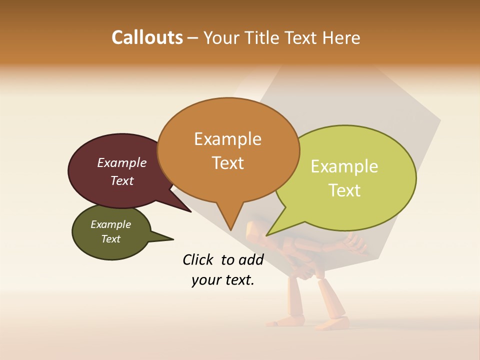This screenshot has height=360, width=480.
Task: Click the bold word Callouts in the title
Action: (147, 37)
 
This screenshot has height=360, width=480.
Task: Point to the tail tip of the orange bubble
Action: (231, 230)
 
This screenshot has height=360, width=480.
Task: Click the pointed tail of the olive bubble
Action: (172, 238)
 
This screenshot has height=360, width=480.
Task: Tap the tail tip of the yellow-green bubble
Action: (267, 235)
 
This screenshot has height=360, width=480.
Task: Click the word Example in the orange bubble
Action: (227, 138)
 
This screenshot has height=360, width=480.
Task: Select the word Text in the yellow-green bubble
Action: (345, 190)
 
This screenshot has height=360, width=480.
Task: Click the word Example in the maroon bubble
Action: (121, 162)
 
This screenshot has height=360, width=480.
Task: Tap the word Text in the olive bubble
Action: (110, 239)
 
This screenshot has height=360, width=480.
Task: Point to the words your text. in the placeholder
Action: (222, 280)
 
